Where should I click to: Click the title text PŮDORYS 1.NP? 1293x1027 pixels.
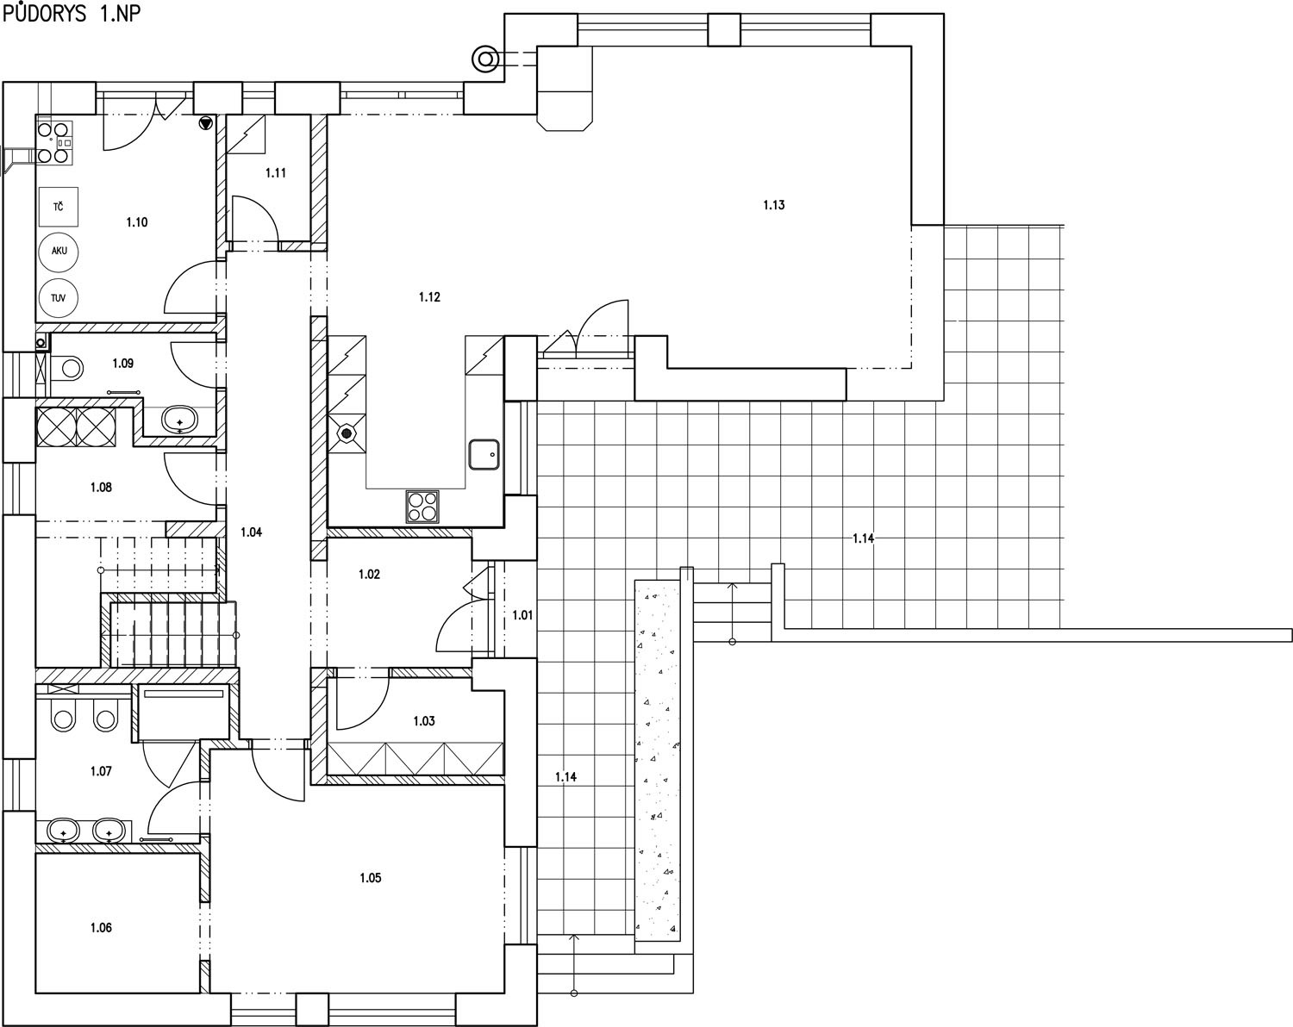coord(72,13)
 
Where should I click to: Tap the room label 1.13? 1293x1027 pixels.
coord(774,205)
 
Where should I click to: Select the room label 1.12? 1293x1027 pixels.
coord(429,297)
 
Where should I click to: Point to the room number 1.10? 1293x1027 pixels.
coord(137,223)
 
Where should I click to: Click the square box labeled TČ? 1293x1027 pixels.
coord(59,207)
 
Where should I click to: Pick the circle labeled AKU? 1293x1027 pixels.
coord(59,251)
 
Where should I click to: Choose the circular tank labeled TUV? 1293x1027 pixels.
coord(59,298)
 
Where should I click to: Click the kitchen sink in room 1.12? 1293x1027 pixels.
coord(484,454)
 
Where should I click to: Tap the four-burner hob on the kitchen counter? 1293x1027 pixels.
coord(422,507)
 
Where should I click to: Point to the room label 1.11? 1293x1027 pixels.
coord(276,173)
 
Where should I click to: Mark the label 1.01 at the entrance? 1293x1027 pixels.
coord(522,616)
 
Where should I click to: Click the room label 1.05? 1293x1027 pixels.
coord(371,878)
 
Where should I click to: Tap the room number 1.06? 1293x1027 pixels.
coord(101,928)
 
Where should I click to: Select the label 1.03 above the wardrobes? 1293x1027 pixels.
coord(424,721)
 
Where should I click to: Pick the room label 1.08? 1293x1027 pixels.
coord(101,488)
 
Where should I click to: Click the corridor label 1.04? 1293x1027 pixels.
coord(251,532)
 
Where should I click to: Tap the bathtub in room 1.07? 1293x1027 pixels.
coord(184,713)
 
